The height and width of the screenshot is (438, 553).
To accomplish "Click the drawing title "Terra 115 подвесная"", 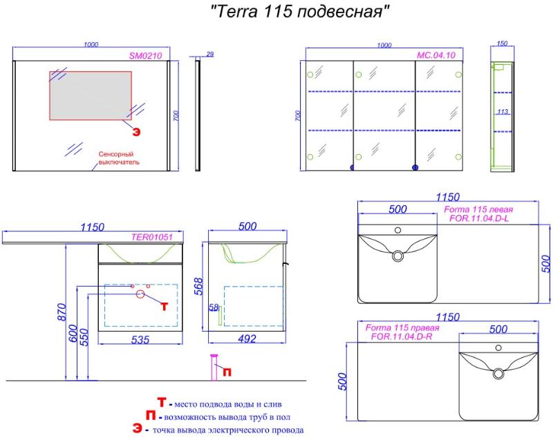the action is coord(300,11).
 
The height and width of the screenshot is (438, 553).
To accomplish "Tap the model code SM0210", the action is coord(145,56).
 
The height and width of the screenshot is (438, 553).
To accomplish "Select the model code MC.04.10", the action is coord(436,55).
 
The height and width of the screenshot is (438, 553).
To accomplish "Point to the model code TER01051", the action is coord(151,237).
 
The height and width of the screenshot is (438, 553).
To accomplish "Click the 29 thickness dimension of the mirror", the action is coord(210,55).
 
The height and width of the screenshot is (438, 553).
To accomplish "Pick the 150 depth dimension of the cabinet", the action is coord(502,44).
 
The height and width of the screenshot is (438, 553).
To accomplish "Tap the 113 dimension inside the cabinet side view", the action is coord(503,112).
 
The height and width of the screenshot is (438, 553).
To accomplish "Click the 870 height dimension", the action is coord(62,312).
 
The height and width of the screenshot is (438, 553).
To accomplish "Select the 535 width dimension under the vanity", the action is coord(140,340).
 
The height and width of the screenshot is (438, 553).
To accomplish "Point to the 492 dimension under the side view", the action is coord(247,339).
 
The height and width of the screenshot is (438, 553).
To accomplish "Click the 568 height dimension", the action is coord(199,286).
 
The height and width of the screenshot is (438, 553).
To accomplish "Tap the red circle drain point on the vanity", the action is coord(140,294).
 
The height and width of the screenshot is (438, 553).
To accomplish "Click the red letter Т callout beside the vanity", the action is coord(165,306).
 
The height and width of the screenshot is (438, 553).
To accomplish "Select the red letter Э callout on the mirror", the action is coord(136,132).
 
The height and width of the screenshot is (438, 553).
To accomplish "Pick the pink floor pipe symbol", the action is coord(214,367).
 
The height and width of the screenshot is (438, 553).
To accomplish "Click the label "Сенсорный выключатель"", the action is coord(119,158).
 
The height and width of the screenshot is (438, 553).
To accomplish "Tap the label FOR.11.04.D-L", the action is coord(479,218).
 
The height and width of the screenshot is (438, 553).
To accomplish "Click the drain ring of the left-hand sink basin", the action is coord(397,256).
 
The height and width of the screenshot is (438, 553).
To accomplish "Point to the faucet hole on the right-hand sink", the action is coord(498,347).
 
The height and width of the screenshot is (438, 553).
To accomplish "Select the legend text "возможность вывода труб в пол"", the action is coord(227,417).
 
